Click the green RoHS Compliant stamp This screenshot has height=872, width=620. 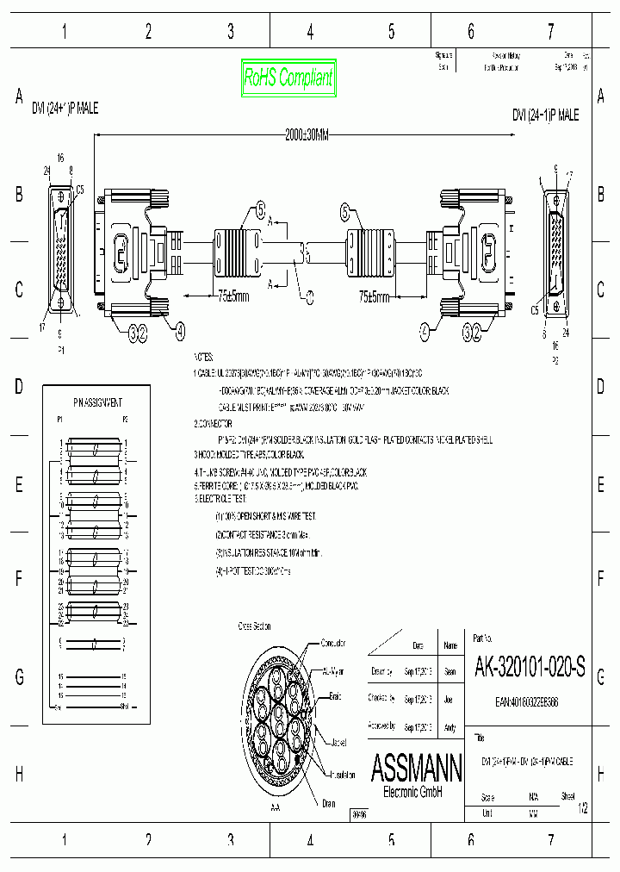point(288,78)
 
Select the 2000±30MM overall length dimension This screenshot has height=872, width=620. point(307,134)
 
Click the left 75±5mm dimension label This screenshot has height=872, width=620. point(231,297)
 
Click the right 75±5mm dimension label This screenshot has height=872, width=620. point(374,297)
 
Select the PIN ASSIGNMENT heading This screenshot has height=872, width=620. point(96,402)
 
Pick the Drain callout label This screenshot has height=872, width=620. point(328,803)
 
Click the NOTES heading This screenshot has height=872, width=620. point(203,356)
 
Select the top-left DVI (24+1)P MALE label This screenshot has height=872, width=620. point(65,109)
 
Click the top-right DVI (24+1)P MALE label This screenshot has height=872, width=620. point(545,115)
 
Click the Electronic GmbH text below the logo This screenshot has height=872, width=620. point(412,792)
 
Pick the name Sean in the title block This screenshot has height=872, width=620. point(449,671)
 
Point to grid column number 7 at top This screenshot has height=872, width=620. point(550,32)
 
